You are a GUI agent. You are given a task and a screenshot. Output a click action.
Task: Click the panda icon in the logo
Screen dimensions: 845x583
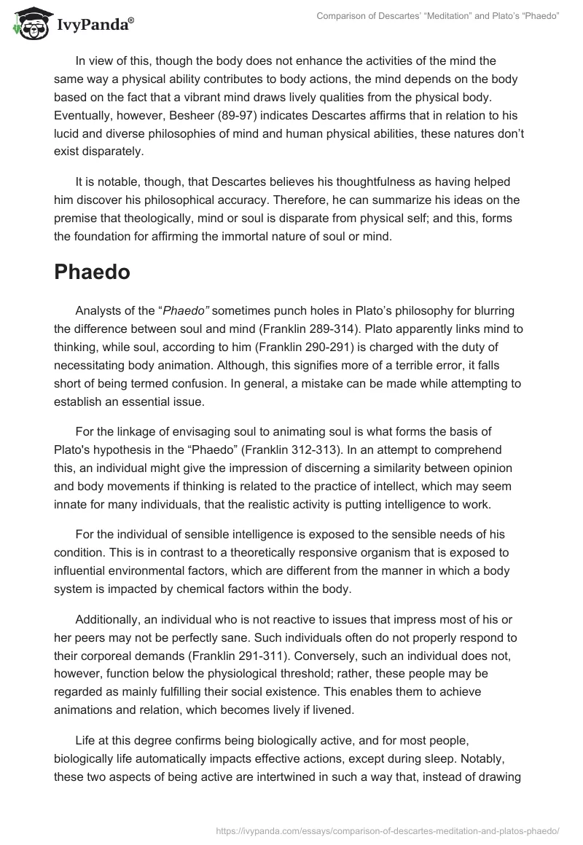[28, 24]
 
